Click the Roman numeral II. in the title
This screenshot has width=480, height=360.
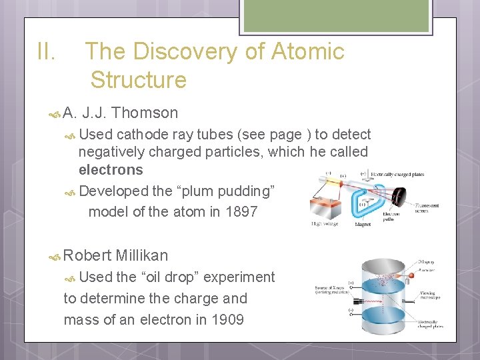[47, 51]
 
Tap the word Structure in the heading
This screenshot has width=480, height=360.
[139, 80]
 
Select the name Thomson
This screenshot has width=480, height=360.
[145, 113]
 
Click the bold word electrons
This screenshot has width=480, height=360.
[111, 169]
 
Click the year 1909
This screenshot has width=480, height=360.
[227, 319]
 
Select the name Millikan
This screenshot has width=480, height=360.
[142, 255]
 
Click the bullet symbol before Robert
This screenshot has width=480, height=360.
[56, 256]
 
